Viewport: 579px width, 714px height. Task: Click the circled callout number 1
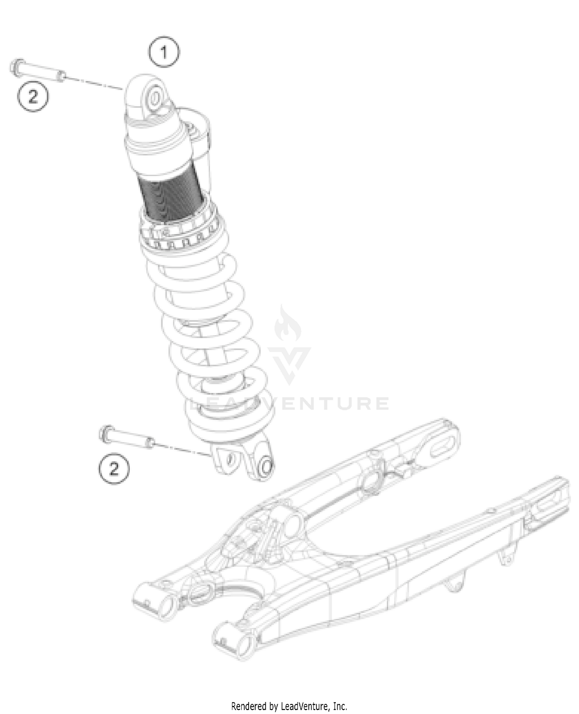[164, 52]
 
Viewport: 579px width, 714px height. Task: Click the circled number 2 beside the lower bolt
[113, 469]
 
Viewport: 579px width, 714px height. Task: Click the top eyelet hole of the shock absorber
[154, 99]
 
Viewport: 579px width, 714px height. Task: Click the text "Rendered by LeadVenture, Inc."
[289, 706]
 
